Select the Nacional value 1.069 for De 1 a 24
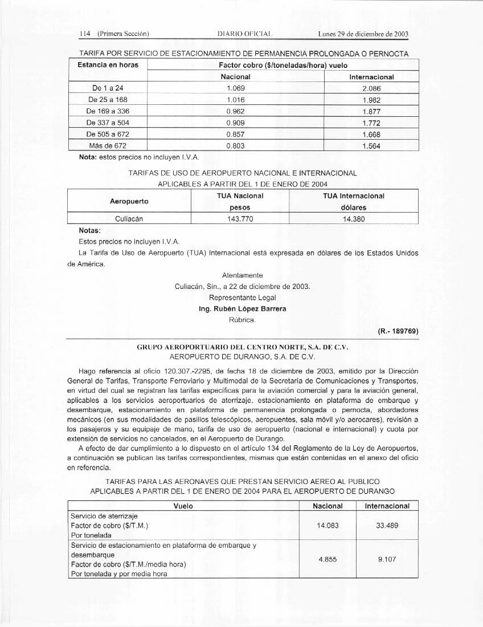pyautogui.click(x=235, y=89)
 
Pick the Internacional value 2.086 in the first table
pyautogui.click(x=371, y=89)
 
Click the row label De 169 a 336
pyautogui.click(x=108, y=111)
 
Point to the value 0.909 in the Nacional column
pyautogui.click(x=235, y=123)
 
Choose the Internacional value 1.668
pyautogui.click(x=371, y=135)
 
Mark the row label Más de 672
pyautogui.click(x=108, y=146)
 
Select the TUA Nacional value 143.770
pyautogui.click(x=236, y=218)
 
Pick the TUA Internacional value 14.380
pyautogui.click(x=354, y=218)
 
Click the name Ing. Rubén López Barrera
pyautogui.click(x=242, y=309)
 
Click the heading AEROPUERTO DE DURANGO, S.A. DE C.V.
pyautogui.click(x=242, y=357)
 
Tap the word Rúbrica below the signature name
pyautogui.click(x=242, y=320)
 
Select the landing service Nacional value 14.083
pyautogui.click(x=328, y=526)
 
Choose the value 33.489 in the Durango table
pyautogui.click(x=387, y=526)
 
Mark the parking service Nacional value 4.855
pyautogui.click(x=328, y=560)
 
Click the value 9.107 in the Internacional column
pyautogui.click(x=387, y=560)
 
